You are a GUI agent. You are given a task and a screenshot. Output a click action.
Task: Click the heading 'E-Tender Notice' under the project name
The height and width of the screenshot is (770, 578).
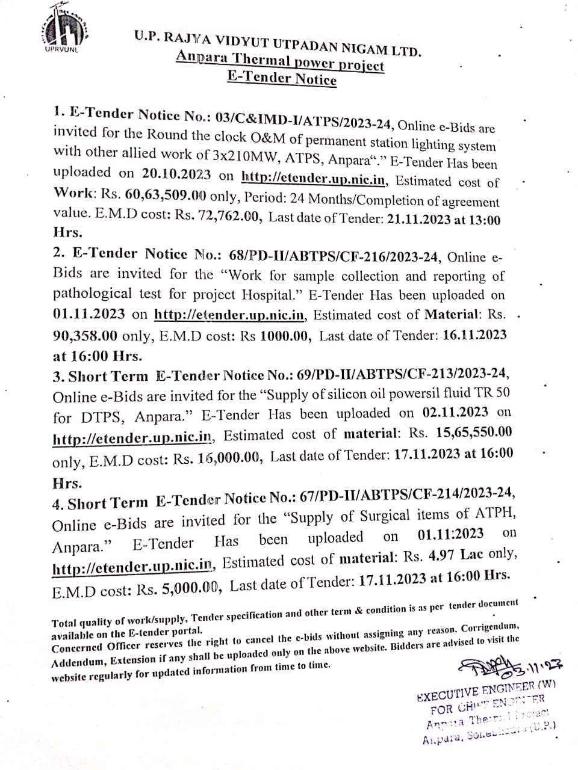coord(282,78)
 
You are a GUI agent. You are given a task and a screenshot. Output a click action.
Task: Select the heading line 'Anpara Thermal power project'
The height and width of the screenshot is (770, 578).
coord(280,62)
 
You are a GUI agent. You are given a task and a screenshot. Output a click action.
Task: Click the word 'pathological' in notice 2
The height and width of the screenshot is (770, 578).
coord(92,294)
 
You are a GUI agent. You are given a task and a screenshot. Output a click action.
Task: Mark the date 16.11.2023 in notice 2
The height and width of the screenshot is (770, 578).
coord(474,335)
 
